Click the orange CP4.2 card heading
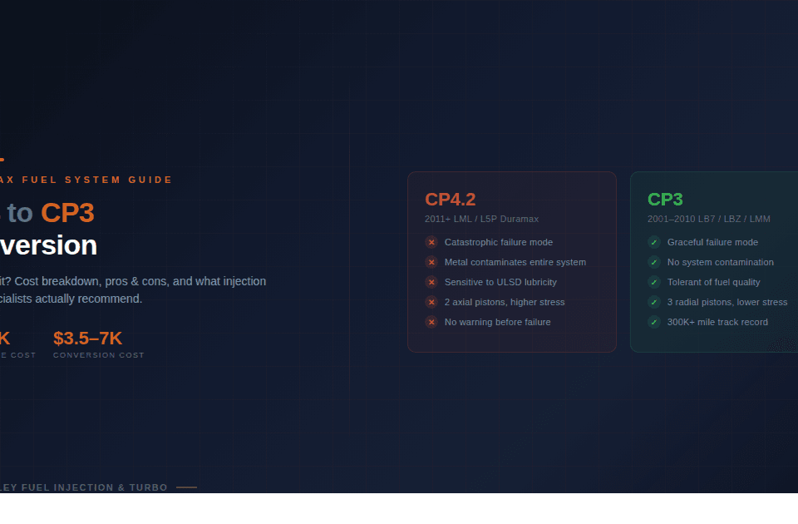(x=450, y=200)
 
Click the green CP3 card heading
(x=665, y=200)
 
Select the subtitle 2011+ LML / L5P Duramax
(x=481, y=220)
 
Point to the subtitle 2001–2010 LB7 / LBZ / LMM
(x=708, y=220)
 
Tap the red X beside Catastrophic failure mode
(x=431, y=242)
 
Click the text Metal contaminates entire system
(x=515, y=262)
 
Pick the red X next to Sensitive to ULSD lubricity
(x=431, y=282)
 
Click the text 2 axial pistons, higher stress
(x=504, y=302)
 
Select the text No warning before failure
(x=497, y=322)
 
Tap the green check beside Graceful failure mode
(x=654, y=242)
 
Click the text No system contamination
(x=720, y=262)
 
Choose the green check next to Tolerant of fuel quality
(x=654, y=282)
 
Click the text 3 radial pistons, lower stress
(x=727, y=302)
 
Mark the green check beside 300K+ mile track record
(x=654, y=322)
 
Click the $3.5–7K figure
(x=87, y=339)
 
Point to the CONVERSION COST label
(x=98, y=355)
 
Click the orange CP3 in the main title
(x=67, y=214)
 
